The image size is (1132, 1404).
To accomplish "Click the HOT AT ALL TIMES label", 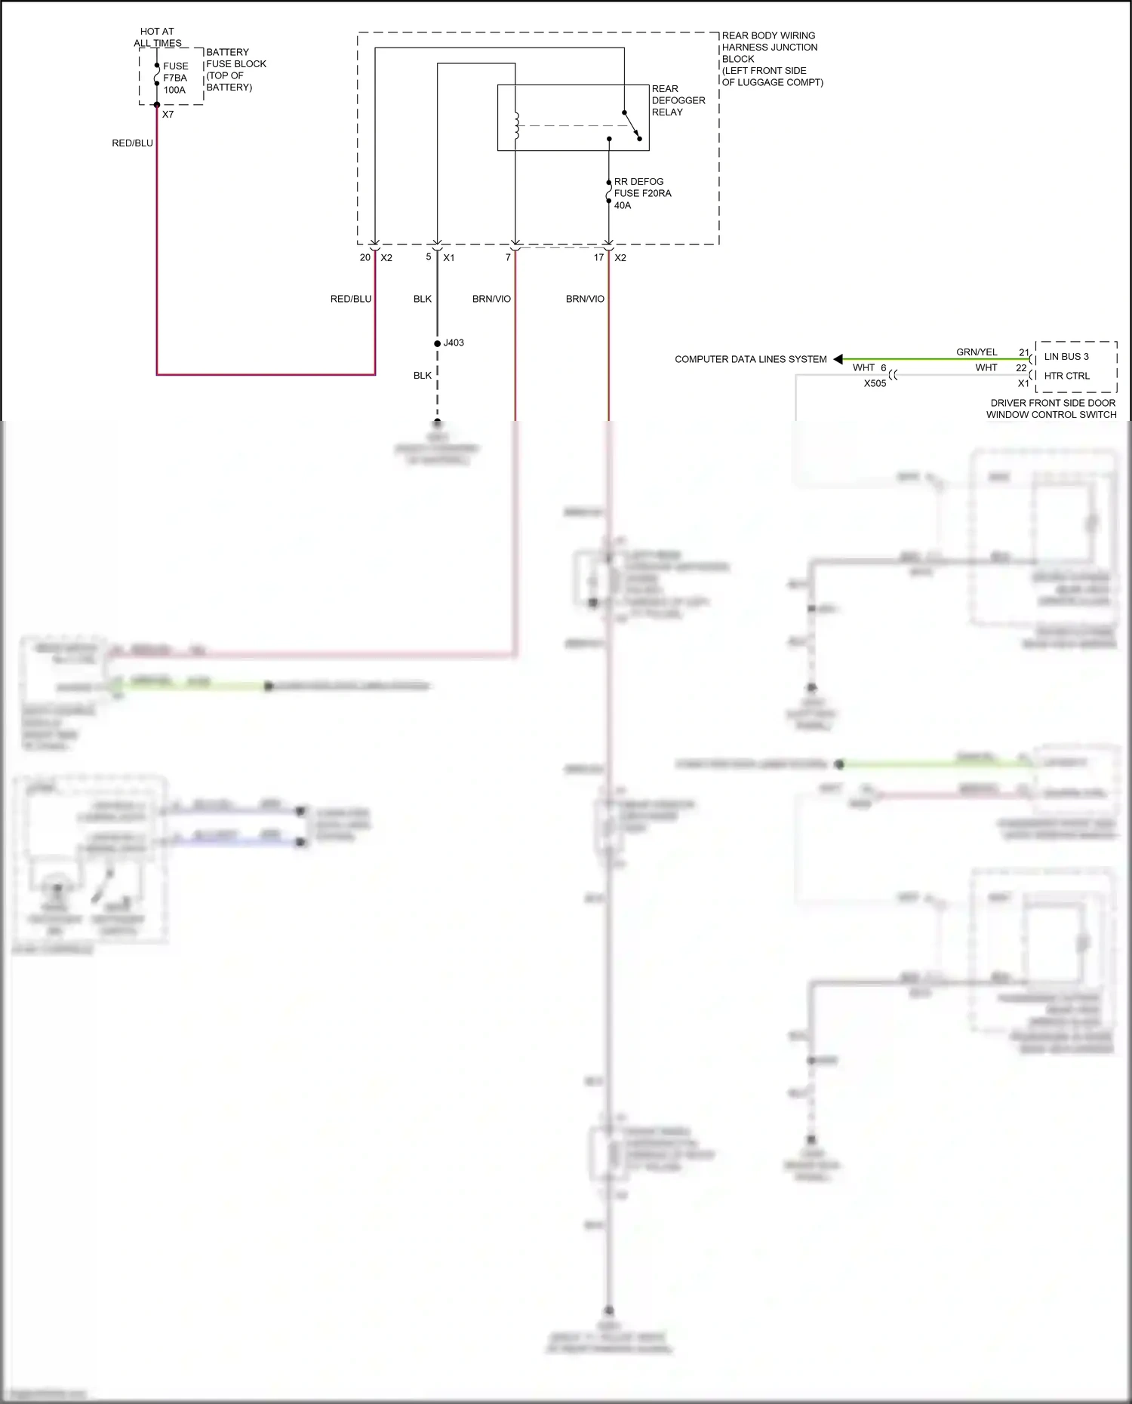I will [x=158, y=37].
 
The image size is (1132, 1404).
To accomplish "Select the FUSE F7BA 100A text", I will [x=175, y=78].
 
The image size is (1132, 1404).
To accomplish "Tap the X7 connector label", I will [x=168, y=115].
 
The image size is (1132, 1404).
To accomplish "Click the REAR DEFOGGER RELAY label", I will [x=678, y=100].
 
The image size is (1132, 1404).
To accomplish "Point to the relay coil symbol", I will [x=516, y=125].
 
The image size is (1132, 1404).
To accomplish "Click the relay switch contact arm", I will [x=632, y=125].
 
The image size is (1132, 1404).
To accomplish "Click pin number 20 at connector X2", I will [x=365, y=257].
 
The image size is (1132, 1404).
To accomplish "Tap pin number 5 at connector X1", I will [x=429, y=257].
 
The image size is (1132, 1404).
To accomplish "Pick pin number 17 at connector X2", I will [x=598, y=257].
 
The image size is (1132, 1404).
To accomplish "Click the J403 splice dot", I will [x=437, y=343].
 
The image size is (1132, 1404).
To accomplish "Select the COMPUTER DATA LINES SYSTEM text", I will [x=750, y=359].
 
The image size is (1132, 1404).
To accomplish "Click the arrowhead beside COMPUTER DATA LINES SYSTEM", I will [x=838, y=359].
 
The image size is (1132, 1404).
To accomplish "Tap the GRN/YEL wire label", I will [x=977, y=352].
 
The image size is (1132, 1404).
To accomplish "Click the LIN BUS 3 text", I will [x=1066, y=356].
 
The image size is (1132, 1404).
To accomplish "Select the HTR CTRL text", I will [x=1066, y=376].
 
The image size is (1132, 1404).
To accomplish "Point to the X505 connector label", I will [x=875, y=383].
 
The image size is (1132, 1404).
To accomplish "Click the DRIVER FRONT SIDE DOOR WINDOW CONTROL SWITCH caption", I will [x=1052, y=408].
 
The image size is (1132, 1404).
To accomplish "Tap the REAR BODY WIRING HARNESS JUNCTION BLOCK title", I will [x=771, y=58].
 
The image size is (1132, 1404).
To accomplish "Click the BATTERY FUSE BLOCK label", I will [x=235, y=69].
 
